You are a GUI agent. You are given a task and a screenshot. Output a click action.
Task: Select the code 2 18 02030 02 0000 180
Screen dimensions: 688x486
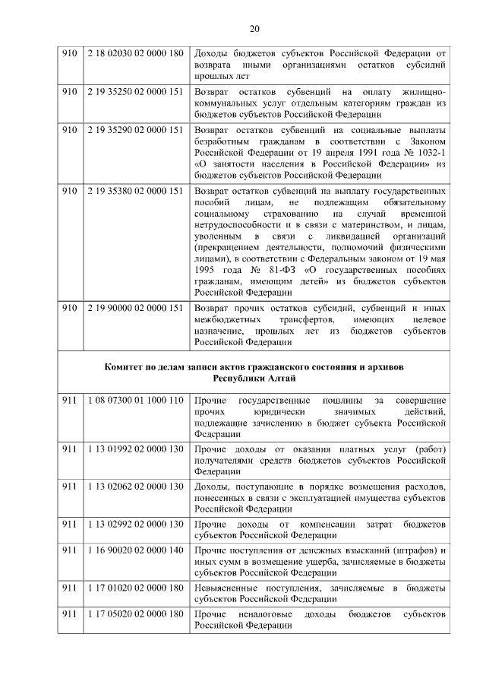tap(135, 54)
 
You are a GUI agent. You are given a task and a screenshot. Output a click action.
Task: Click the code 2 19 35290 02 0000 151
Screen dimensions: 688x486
tap(135, 129)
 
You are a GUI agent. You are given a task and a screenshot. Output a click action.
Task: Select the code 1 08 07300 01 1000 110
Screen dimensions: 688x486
tap(135, 400)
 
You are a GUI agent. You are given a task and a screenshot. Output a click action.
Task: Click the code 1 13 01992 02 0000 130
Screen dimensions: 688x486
tap(135, 449)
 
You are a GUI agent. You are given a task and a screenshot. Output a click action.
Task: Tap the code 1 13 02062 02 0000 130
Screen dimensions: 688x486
tap(135, 486)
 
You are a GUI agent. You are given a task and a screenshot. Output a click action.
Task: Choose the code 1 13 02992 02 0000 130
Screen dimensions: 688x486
tap(135, 524)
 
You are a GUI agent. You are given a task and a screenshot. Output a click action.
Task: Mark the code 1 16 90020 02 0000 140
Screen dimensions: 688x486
tap(135, 550)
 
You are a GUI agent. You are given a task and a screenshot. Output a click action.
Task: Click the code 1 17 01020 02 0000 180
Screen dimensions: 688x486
tap(135, 588)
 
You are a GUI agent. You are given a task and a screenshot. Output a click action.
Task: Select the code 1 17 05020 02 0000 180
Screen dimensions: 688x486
tap(135, 613)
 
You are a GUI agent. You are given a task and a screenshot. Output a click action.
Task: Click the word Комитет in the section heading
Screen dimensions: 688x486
tap(126, 366)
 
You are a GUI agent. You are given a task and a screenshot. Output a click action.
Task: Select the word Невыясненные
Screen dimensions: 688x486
tap(228, 588)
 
